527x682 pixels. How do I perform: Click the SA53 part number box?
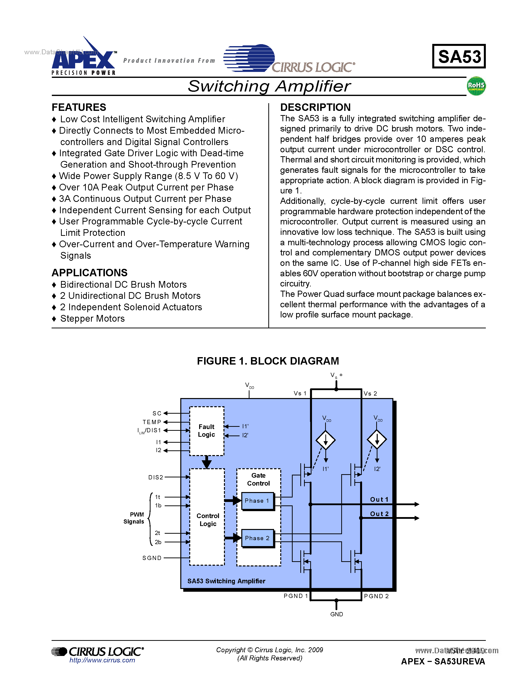(x=459, y=57)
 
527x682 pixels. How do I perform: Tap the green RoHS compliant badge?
(x=476, y=86)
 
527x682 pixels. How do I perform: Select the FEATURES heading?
(x=79, y=107)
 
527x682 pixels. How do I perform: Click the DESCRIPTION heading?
(x=315, y=107)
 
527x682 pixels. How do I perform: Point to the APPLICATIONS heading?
(x=89, y=273)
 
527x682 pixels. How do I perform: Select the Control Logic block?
(x=207, y=520)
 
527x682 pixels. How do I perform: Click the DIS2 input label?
(x=155, y=477)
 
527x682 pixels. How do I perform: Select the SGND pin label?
(x=152, y=558)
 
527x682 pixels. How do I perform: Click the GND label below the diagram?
(x=337, y=614)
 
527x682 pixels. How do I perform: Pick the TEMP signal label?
(x=152, y=422)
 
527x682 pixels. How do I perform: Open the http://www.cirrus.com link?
(x=102, y=660)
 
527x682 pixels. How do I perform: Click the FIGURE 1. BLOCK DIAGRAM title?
(x=268, y=361)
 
